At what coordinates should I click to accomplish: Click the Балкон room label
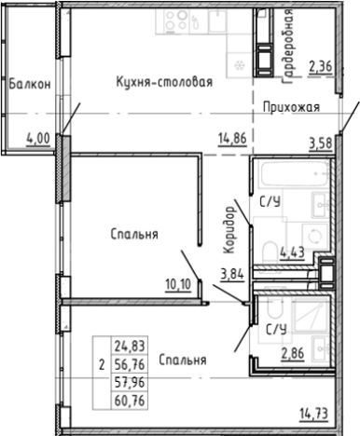tap(26, 84)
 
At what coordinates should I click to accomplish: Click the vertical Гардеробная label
tap(289, 43)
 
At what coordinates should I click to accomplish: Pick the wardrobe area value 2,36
tap(322, 65)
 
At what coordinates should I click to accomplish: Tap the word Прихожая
tap(291, 107)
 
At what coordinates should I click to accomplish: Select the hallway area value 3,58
tap(322, 143)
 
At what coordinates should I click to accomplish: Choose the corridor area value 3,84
tap(229, 273)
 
